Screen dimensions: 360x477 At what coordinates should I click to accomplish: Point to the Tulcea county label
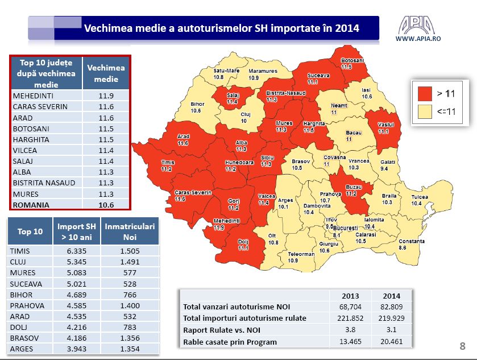point(420,200)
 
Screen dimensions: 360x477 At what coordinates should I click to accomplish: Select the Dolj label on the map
point(243,245)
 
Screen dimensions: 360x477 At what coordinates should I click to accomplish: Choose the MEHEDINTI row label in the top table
point(34,96)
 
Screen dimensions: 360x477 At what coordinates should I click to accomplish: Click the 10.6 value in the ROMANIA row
point(106,205)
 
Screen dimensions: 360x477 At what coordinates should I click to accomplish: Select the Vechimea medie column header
point(106,72)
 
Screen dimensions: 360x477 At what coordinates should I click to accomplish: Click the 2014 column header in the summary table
point(391,296)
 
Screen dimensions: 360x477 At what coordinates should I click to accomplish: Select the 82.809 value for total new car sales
point(391,307)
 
